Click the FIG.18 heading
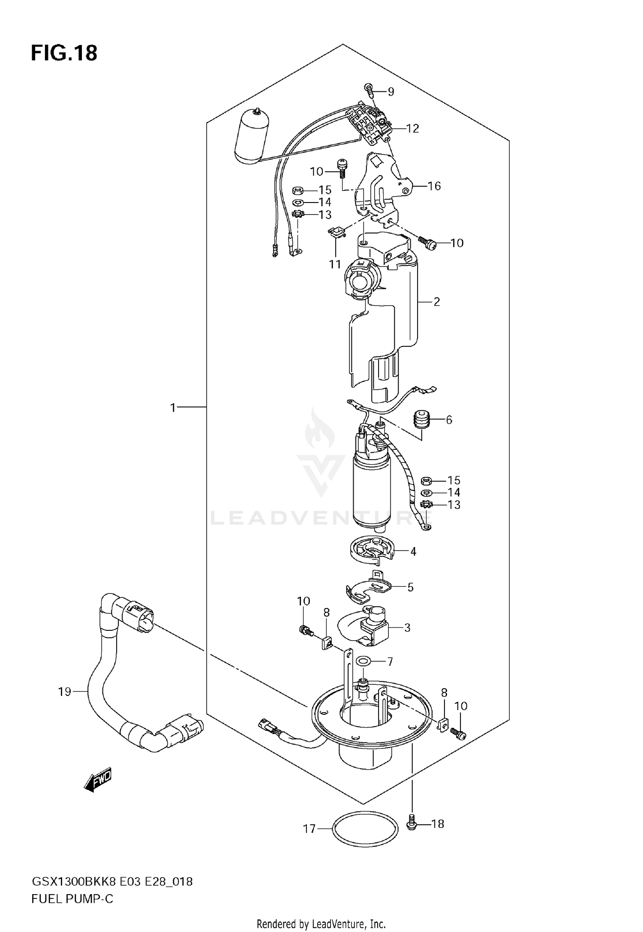[x=64, y=54]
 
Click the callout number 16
[x=434, y=186]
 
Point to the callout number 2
[x=436, y=302]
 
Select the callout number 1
[x=173, y=408]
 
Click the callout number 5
[x=410, y=587]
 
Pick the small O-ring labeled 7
[x=364, y=662]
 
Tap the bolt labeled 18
[x=411, y=823]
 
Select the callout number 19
[x=65, y=692]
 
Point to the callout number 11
[x=335, y=264]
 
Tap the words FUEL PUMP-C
[x=72, y=899]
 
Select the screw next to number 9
[x=369, y=89]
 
